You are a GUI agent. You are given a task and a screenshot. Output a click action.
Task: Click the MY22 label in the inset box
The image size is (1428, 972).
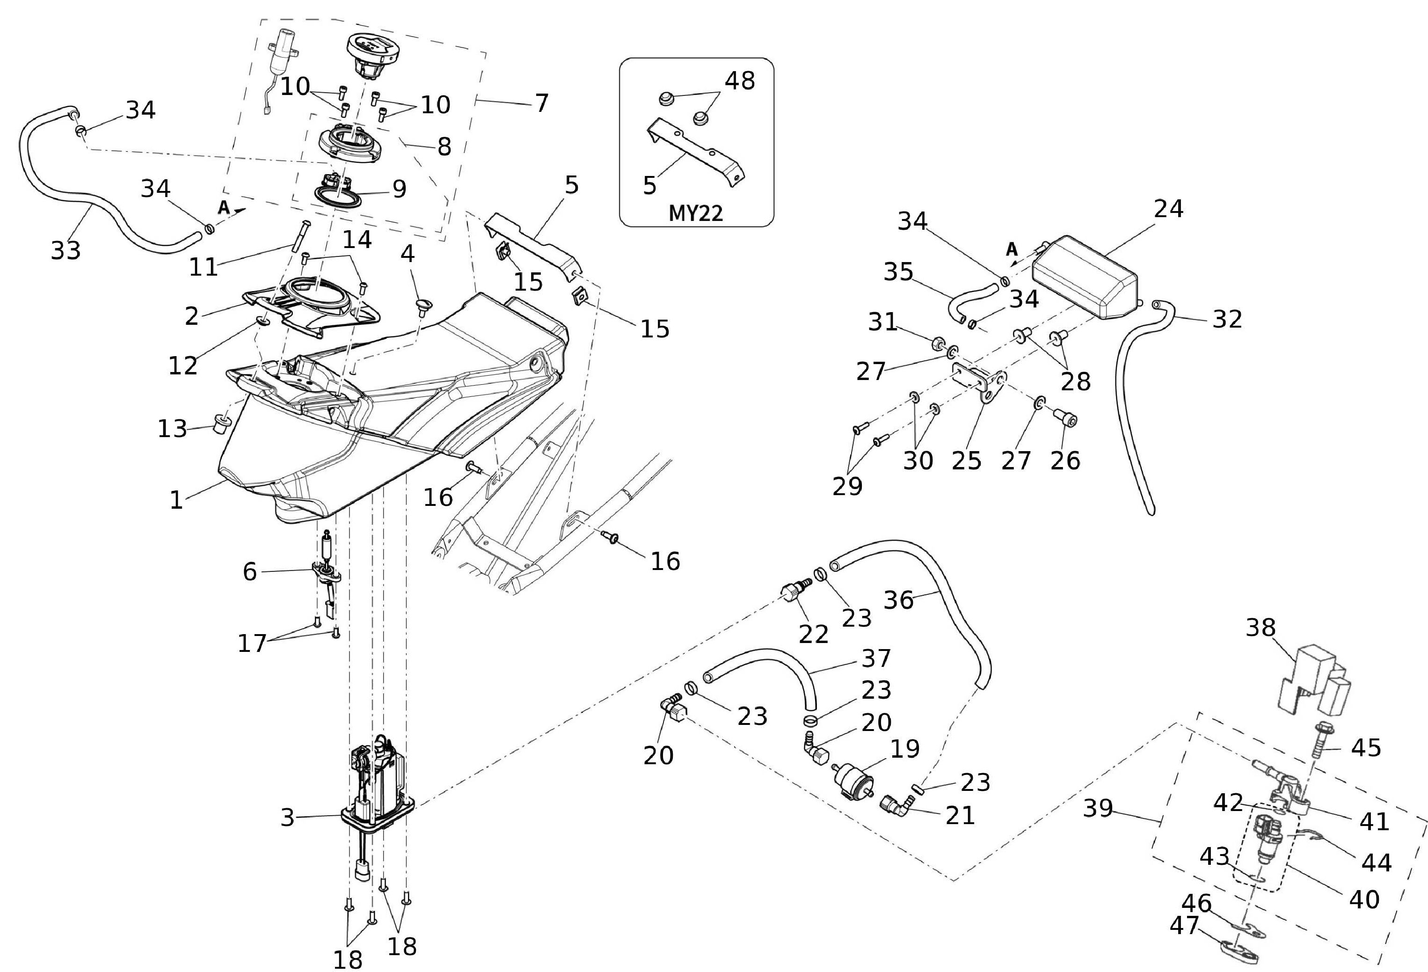[696, 213]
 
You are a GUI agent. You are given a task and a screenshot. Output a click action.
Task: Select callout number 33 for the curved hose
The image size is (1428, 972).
[66, 250]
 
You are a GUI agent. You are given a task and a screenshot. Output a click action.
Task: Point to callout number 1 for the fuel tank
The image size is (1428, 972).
[176, 500]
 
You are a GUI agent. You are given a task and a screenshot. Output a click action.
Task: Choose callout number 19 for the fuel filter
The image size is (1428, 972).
[904, 748]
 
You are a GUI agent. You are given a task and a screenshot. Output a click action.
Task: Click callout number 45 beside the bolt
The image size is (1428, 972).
[1365, 747]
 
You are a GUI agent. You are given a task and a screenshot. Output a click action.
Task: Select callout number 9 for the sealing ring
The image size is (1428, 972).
[400, 189]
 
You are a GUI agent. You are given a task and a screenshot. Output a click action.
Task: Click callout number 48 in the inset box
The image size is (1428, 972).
[740, 80]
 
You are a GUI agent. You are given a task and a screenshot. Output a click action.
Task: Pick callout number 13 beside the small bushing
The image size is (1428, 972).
[172, 428]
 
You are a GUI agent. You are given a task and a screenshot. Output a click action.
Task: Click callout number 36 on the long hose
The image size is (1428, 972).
[898, 599]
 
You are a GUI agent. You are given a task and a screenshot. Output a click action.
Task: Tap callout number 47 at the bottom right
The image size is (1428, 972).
[1184, 925]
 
